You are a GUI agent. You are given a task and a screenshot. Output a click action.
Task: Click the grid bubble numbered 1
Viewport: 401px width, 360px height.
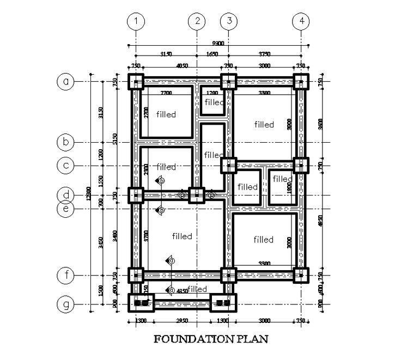click(x=136, y=22)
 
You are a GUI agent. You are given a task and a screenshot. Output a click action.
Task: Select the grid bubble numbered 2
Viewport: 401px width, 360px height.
click(x=196, y=22)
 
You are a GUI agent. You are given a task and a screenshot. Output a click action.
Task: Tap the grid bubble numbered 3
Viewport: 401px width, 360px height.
click(x=229, y=22)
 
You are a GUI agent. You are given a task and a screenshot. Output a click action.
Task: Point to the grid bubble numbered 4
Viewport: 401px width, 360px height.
click(x=301, y=22)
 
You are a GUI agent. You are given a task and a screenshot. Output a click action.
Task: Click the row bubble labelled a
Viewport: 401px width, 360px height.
click(x=66, y=82)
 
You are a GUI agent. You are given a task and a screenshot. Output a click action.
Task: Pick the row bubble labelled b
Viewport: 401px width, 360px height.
click(x=66, y=143)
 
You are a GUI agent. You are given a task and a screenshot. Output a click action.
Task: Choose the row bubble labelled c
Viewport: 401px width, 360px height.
click(x=66, y=165)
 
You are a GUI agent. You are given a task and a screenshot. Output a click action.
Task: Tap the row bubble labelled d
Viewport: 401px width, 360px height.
click(x=66, y=195)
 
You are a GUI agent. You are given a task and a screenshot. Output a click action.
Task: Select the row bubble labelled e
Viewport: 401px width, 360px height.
click(x=66, y=208)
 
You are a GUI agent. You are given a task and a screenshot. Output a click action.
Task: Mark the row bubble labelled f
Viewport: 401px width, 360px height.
click(x=66, y=275)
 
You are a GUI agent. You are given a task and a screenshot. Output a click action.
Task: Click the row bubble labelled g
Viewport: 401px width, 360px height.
click(x=66, y=304)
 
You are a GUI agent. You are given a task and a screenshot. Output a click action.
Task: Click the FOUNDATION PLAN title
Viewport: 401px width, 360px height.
click(x=211, y=339)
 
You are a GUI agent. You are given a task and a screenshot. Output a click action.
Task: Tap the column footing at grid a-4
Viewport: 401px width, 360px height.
click(x=301, y=82)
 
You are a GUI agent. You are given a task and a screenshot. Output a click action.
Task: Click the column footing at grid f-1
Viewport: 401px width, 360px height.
click(x=136, y=275)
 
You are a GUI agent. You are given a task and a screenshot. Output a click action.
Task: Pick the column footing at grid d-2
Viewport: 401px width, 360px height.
click(x=196, y=195)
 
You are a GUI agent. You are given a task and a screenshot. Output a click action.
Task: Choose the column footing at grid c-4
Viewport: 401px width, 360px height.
click(x=301, y=165)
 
